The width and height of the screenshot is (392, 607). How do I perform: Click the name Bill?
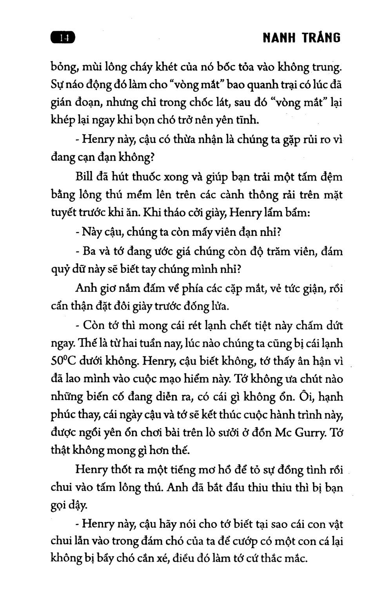pos(83,177)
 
